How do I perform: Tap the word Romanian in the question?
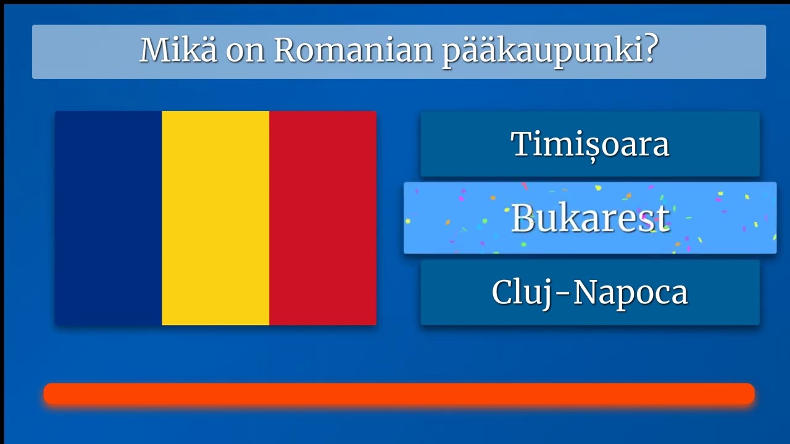353,50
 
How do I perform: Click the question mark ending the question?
647,50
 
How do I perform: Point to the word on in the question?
245,52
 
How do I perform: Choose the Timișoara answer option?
589,144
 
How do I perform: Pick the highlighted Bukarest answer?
589,218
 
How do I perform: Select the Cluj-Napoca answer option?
589,292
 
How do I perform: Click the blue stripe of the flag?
108,218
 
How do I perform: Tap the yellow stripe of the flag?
215,218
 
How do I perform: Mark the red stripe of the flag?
323,218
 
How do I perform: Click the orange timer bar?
399,394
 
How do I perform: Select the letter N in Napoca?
585,292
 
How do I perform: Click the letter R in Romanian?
286,50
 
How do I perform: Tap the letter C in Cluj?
503,292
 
